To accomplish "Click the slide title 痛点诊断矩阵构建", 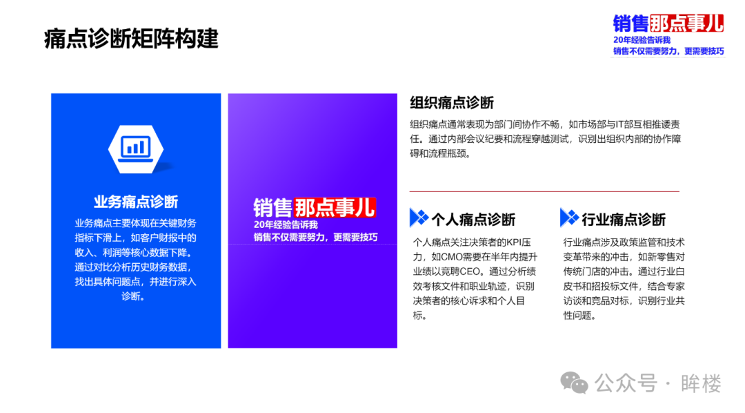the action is tap(131, 39).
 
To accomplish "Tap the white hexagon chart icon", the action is tap(136, 149).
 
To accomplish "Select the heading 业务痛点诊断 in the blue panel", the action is tap(136, 202).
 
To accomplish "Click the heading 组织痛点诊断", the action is tap(452, 103).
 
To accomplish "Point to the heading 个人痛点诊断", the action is tap(473, 220).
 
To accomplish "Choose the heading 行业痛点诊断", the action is tap(624, 220).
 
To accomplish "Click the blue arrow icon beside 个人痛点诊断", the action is tap(419, 218).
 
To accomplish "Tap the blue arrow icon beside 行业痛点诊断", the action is tap(569, 218).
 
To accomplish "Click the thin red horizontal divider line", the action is tap(544, 191).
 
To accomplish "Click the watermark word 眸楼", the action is tap(701, 383).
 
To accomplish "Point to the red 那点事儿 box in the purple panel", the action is tap(335, 207).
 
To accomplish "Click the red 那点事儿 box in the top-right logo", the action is tap(686, 23).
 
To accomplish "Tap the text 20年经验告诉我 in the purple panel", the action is tap(286, 224).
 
